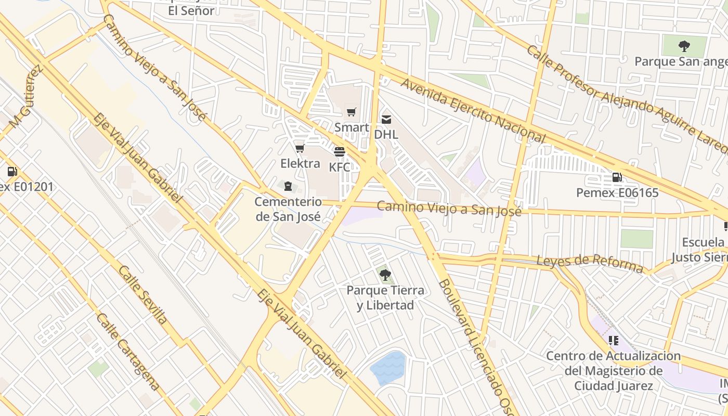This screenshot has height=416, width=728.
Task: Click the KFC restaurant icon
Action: [340, 152]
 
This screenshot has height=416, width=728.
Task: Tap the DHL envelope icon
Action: [386, 120]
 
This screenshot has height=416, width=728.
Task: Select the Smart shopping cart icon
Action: [352, 112]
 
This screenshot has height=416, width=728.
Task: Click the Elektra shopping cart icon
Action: [300, 149]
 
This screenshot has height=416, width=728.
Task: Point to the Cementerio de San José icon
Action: [288, 186]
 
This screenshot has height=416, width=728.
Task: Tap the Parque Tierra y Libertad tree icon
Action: [385, 275]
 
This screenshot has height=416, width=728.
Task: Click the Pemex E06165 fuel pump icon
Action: [617, 177]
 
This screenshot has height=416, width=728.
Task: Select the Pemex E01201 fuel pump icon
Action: [12, 171]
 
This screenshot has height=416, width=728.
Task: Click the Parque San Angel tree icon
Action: [684, 46]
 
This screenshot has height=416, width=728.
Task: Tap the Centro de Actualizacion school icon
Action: [614, 341]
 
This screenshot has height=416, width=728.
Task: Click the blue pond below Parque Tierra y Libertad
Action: [388, 368]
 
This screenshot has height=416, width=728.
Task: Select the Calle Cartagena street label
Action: [128, 352]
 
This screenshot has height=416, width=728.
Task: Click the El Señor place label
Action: [191, 10]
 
